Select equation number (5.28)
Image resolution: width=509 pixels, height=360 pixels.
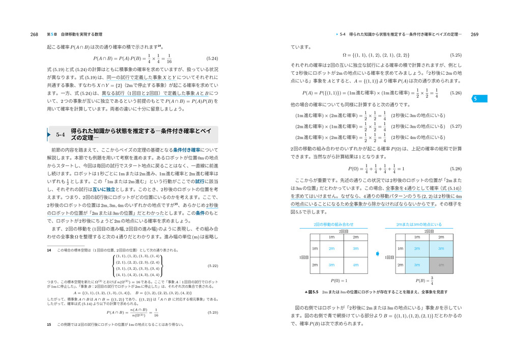coord(455,169)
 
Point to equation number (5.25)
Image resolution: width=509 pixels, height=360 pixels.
coord(455,54)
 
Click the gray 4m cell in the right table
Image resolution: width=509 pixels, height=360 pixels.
coord(441,265)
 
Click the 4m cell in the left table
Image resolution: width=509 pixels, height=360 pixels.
coord(356,265)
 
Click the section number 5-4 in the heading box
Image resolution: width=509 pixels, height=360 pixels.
coord(61,135)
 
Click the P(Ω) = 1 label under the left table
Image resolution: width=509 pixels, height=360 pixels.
coord(338,281)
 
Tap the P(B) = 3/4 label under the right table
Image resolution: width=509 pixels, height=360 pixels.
coord(424,281)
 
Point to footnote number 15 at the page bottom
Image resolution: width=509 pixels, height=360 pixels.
coord(49,324)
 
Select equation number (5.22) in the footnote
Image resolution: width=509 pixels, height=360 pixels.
coord(213,266)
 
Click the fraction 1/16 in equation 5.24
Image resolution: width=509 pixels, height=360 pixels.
coord(169,59)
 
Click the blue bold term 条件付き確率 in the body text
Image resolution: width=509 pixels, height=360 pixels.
coord(188,150)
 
